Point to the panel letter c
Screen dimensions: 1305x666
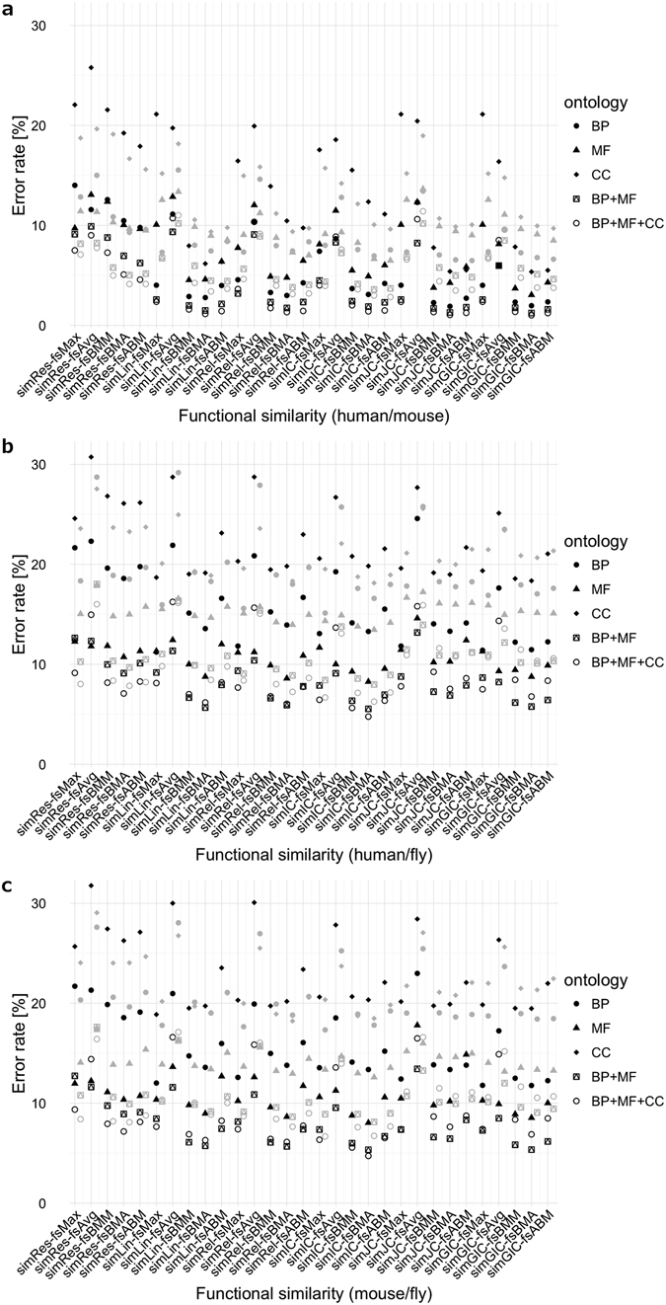pos(8,885)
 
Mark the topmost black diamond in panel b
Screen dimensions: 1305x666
pos(91,457)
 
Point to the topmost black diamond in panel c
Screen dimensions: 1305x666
pos(91,885)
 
